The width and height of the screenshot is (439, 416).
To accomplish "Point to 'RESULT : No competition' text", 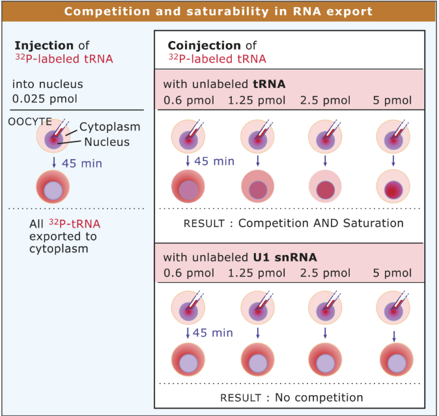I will click(292, 396).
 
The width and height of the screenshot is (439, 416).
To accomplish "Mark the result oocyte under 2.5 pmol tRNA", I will click(324, 189).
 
